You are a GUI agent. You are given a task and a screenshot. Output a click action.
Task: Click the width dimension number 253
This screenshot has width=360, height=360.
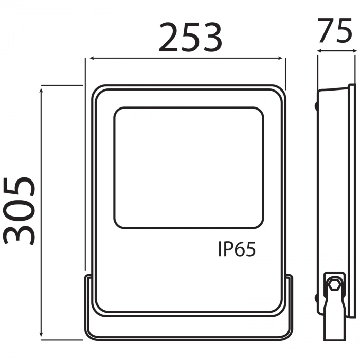[190, 37]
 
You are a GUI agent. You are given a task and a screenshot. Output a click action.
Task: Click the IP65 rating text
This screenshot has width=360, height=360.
[237, 250]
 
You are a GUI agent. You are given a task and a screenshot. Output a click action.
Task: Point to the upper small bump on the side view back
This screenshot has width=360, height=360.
[316, 106]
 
